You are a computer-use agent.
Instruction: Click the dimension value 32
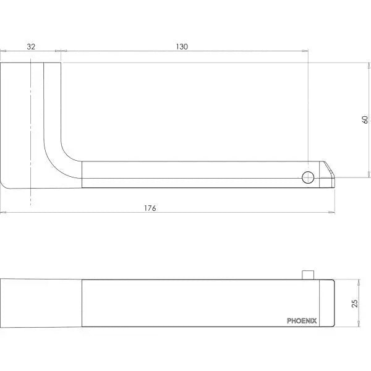31,46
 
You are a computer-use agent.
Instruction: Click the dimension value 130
182,46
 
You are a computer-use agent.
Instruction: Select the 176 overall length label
150,208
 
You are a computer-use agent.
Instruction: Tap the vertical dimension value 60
365,119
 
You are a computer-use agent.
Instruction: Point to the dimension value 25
355,304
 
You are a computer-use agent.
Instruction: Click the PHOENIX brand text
302,321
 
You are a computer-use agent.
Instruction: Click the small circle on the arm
308,177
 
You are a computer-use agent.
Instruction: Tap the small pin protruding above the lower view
308,275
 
